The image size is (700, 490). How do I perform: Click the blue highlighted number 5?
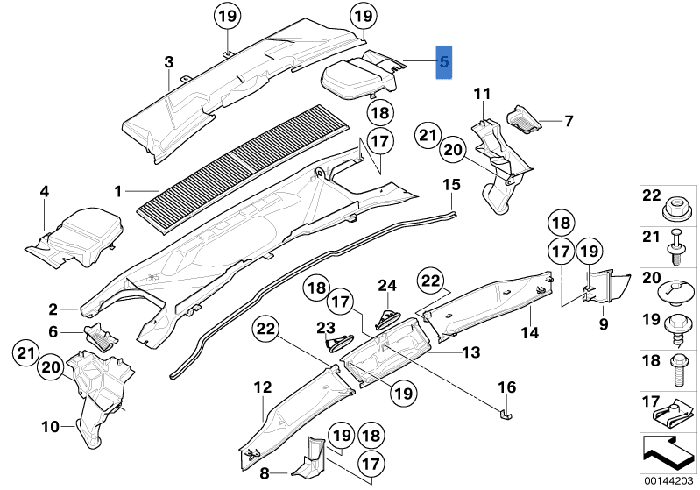444,62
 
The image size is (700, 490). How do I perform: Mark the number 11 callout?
482,93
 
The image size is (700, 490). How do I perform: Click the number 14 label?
528,332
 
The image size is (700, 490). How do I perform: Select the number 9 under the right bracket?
603,323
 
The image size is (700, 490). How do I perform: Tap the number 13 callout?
471,352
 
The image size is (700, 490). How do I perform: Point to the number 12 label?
264,387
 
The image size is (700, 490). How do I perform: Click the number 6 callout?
53,332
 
